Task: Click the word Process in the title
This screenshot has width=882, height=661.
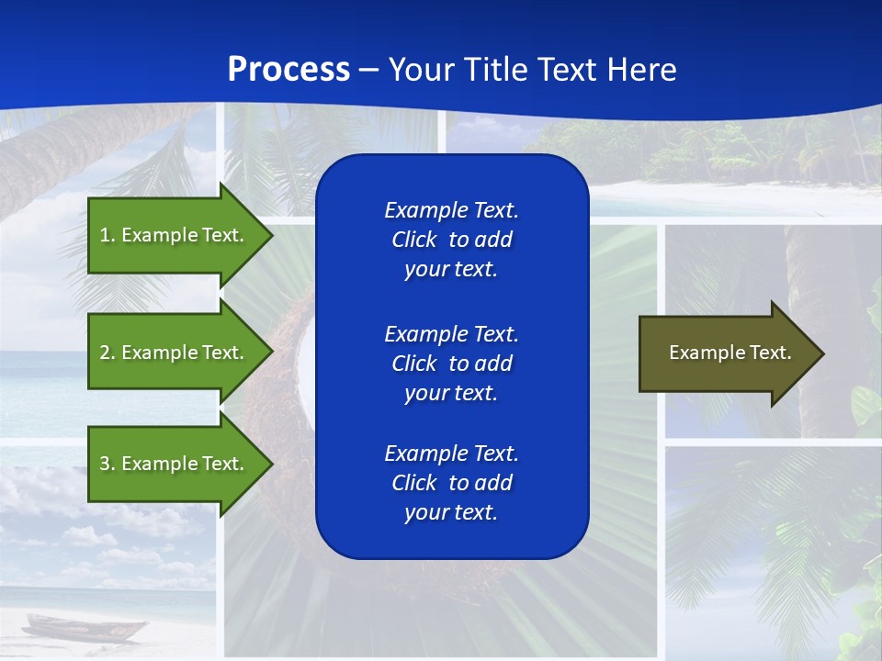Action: [288, 70]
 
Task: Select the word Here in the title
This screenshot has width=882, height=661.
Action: [641, 70]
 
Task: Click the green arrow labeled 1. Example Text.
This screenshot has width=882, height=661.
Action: [175, 235]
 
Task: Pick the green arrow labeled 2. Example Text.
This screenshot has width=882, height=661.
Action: [175, 353]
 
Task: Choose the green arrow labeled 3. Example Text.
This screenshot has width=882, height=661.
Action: [175, 464]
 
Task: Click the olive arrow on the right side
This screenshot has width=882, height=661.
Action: [726, 353]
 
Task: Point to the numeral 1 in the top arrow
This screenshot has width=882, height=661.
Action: [105, 235]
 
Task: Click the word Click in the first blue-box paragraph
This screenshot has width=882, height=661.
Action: [413, 241]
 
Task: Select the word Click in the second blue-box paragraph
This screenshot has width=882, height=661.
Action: [413, 364]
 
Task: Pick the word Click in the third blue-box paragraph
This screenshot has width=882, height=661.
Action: [413, 483]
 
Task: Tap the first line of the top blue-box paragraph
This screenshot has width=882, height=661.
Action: [451, 210]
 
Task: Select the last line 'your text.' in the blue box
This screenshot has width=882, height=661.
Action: [451, 513]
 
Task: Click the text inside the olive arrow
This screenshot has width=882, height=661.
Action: [729, 353]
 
